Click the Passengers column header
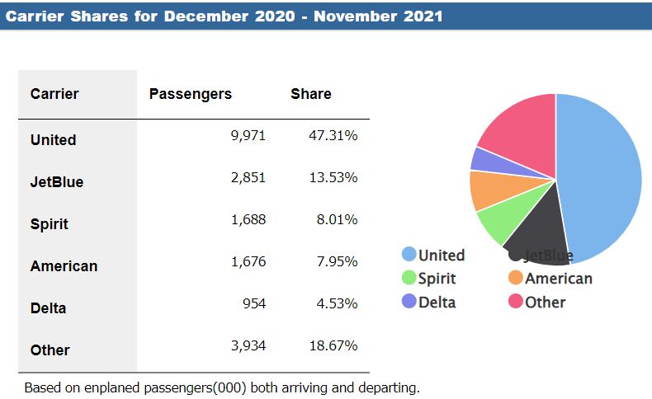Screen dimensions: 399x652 pos(190,94)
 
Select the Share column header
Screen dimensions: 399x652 pos(310,94)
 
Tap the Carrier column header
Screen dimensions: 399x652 pos(54,94)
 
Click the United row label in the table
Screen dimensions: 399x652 pos(53,140)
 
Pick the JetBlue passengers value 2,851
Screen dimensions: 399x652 pos(248,177)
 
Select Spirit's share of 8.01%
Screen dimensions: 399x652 pos(335,219)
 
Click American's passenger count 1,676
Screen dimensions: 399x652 pos(248,261)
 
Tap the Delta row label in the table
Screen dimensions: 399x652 pos(48,308)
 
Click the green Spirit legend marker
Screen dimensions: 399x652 pos(409,279)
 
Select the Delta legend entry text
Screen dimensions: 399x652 pos(437,302)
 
